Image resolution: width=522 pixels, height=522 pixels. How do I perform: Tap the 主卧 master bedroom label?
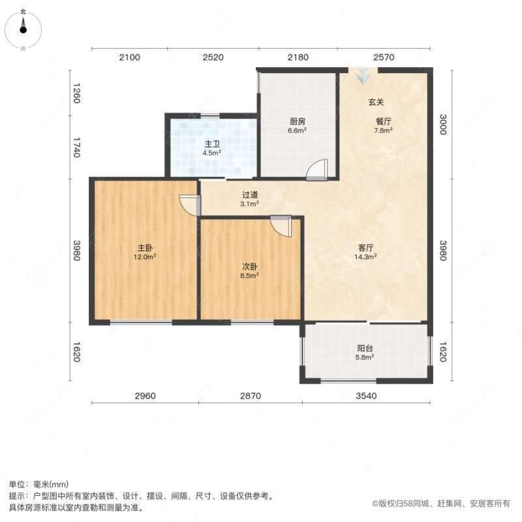click(x=145, y=248)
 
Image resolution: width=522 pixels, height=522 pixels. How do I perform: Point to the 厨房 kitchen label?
click(x=298, y=121)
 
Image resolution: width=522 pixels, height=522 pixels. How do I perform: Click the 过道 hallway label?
click(x=250, y=194)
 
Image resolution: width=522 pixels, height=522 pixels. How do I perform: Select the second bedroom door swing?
click(x=282, y=226)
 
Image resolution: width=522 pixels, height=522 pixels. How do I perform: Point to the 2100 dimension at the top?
click(x=129, y=58)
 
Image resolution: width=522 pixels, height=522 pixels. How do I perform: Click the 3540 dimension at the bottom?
click(x=365, y=395)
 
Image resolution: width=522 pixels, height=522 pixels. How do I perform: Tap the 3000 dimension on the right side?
click(x=443, y=124)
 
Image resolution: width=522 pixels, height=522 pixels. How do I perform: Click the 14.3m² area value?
click(x=365, y=257)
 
